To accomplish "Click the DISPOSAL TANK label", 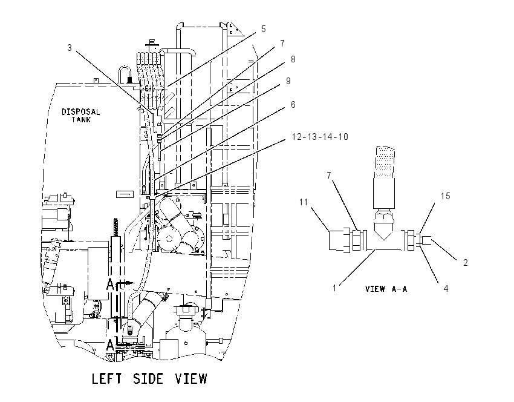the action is [x=80, y=116].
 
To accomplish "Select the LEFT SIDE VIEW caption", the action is [x=149, y=379].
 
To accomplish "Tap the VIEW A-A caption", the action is [x=386, y=289].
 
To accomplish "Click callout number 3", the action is [x=69, y=48].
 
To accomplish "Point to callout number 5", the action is [x=263, y=29].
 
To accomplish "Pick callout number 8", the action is [x=293, y=59].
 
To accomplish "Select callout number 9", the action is [x=288, y=81].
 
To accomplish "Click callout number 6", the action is [x=293, y=104].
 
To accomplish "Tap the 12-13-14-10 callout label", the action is [x=320, y=136].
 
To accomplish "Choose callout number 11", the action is [x=304, y=202].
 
